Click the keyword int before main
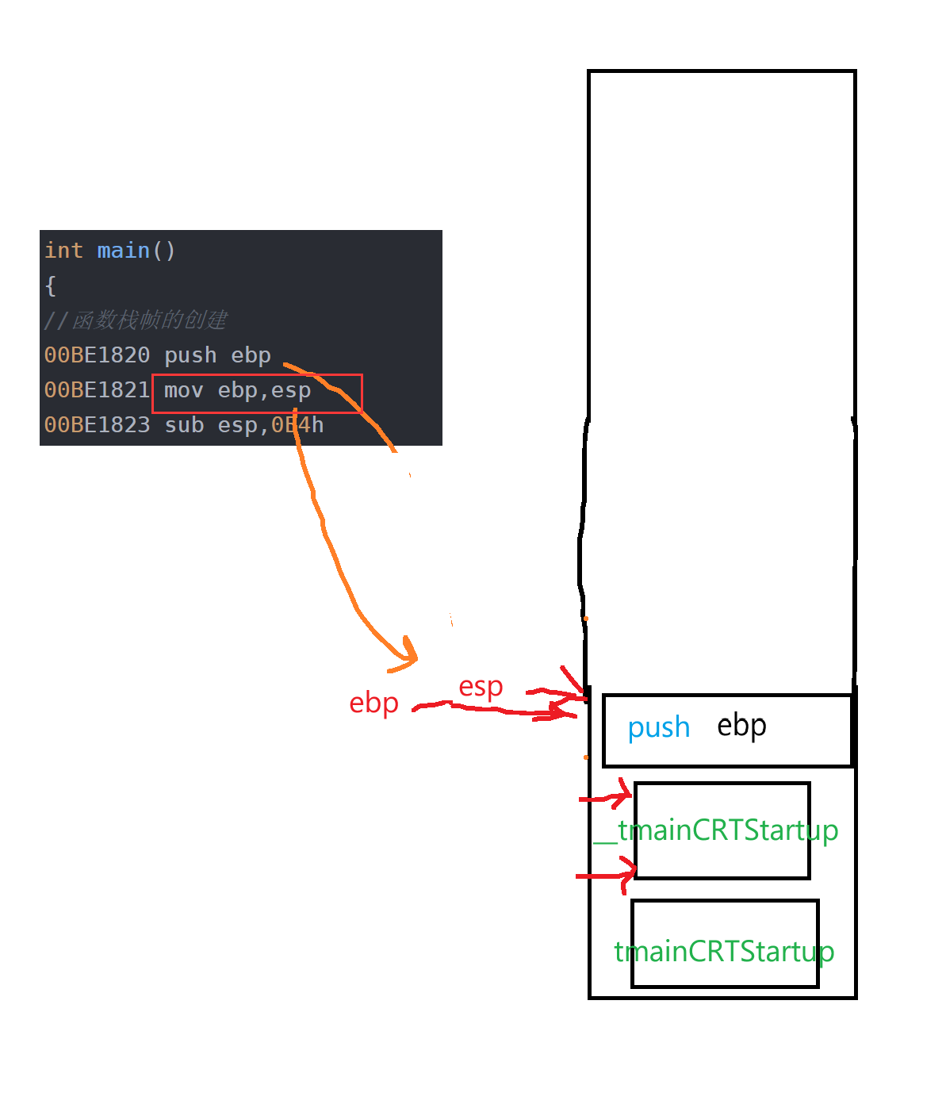tap(63, 251)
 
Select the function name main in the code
tap(123, 251)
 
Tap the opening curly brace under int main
tap(51, 286)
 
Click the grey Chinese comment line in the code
tap(136, 320)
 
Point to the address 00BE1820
tap(97, 355)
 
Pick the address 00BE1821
tap(97, 390)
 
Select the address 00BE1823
tap(97, 425)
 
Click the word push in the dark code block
tap(190, 355)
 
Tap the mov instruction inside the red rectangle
tap(183, 390)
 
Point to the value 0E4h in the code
tap(297, 425)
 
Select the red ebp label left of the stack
tap(373, 703)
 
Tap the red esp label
tap(481, 686)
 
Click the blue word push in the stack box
tap(658, 727)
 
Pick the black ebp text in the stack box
tap(741, 726)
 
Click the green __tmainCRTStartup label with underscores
tap(716, 830)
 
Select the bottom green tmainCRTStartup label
tap(724, 951)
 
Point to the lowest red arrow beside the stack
tap(607, 876)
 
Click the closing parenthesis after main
tap(170, 251)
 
